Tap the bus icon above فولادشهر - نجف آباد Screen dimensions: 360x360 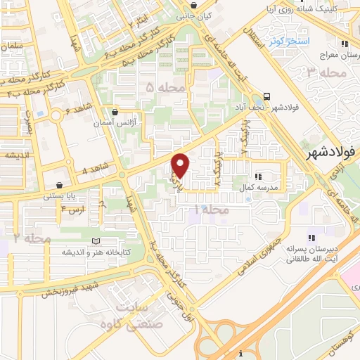tap(266, 96)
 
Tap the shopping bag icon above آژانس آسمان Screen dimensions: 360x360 tap(115, 112)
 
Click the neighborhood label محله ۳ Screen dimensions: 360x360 tap(328, 72)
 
